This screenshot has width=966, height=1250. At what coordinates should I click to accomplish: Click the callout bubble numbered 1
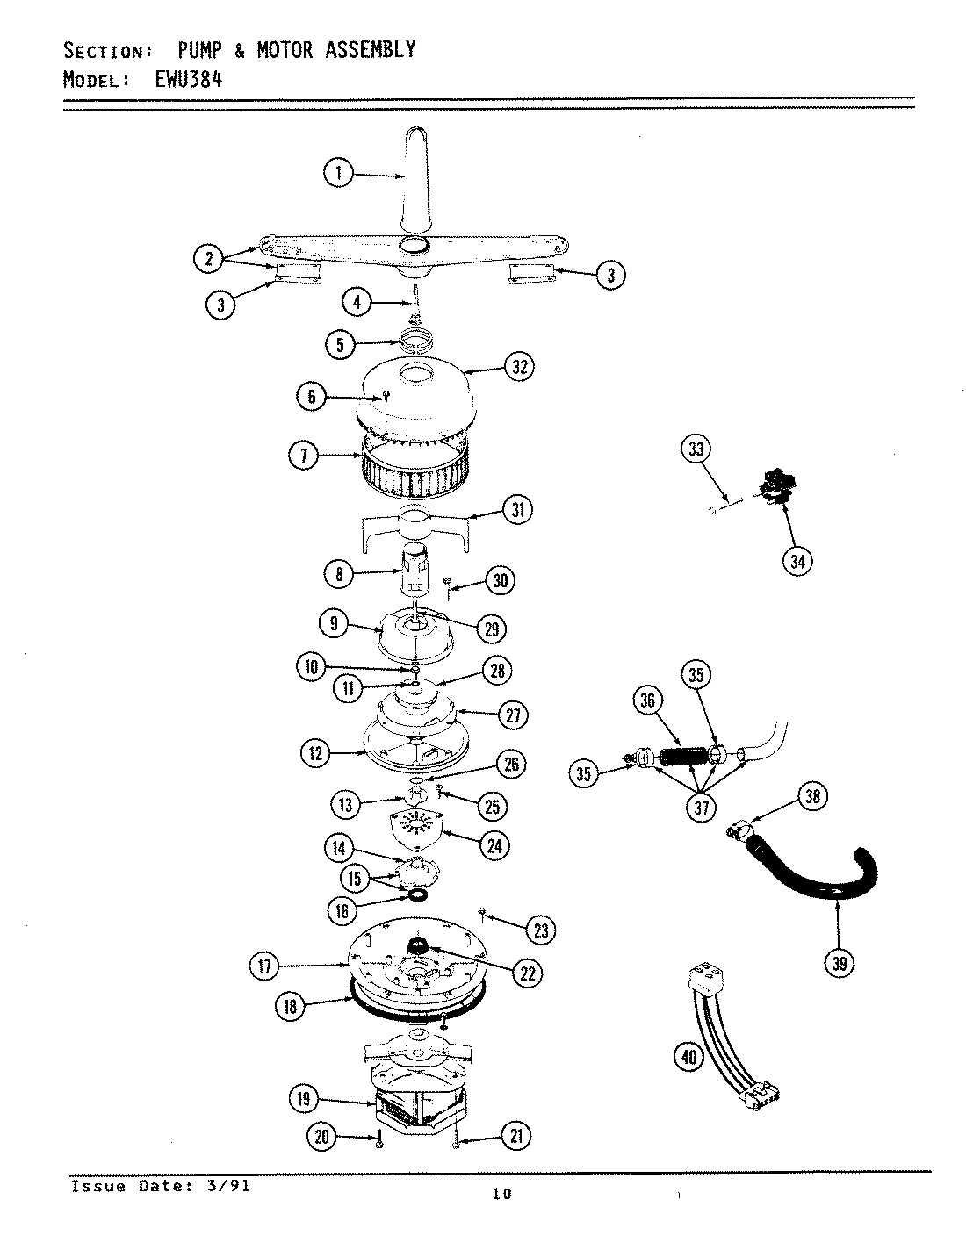(x=338, y=173)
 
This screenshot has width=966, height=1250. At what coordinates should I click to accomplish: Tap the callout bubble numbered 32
(x=519, y=366)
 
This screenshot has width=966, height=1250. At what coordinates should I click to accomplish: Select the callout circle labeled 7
(x=305, y=455)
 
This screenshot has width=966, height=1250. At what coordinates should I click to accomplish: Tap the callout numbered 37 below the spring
(x=700, y=807)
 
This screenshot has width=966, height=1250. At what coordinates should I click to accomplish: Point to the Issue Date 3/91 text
(x=160, y=1186)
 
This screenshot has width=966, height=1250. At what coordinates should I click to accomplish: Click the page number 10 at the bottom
(x=502, y=1194)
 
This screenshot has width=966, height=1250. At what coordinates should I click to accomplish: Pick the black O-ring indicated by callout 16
(x=417, y=895)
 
